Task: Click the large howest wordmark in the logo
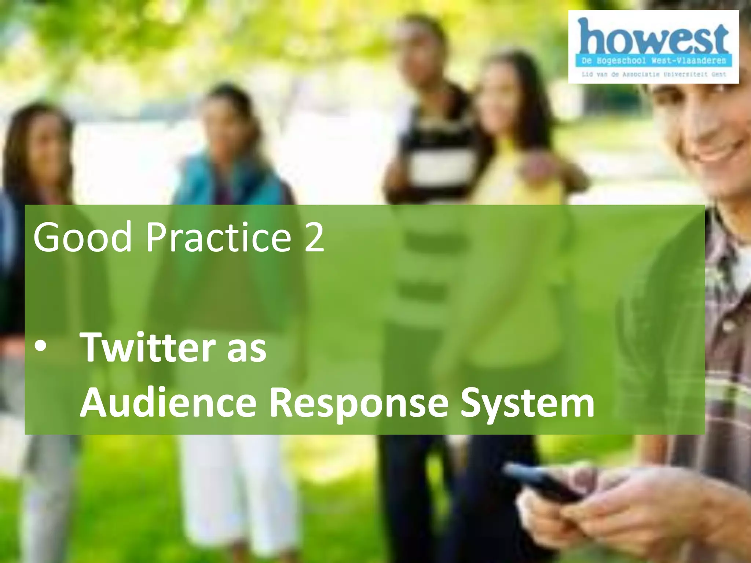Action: tap(653, 37)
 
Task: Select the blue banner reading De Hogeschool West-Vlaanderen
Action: tap(653, 60)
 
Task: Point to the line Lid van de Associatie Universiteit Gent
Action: tap(653, 74)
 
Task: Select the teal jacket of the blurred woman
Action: tap(227, 180)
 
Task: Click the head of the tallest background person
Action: tap(422, 48)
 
